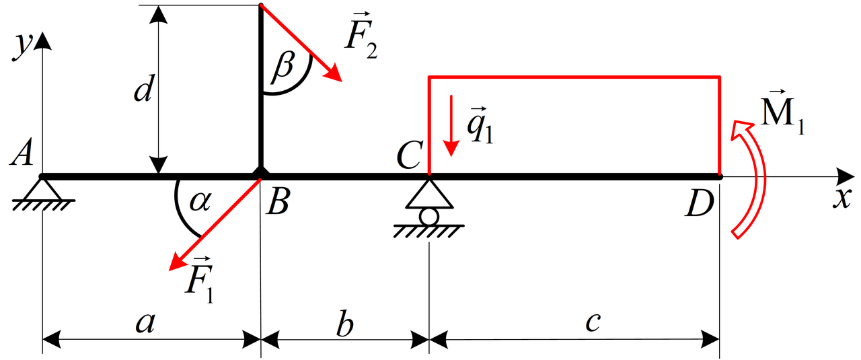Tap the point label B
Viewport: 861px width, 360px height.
(x=278, y=202)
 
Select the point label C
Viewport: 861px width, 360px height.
(x=410, y=155)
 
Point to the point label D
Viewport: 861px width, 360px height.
(x=700, y=205)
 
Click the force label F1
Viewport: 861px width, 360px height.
(x=200, y=280)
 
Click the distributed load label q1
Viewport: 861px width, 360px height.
(x=480, y=125)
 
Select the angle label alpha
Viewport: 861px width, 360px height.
(x=200, y=202)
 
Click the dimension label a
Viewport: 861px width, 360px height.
(x=146, y=322)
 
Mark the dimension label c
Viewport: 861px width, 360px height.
(x=593, y=322)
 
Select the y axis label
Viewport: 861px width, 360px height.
(x=23, y=47)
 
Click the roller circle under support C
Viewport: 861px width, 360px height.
(x=429, y=217)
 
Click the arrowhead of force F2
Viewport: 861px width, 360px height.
(x=333, y=73)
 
